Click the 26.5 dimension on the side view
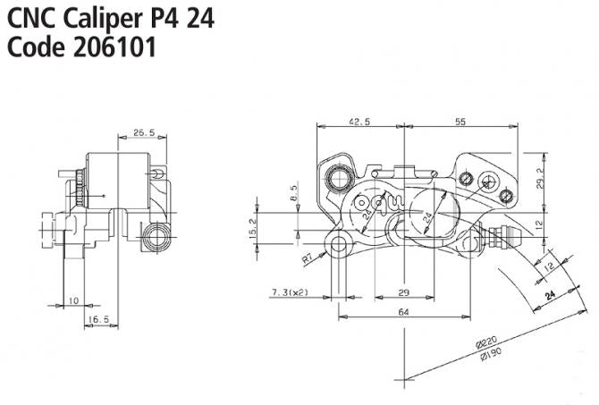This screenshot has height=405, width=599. tap(143, 132)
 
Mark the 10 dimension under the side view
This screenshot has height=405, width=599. tap(72, 301)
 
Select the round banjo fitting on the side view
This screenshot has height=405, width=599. tap(158, 234)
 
